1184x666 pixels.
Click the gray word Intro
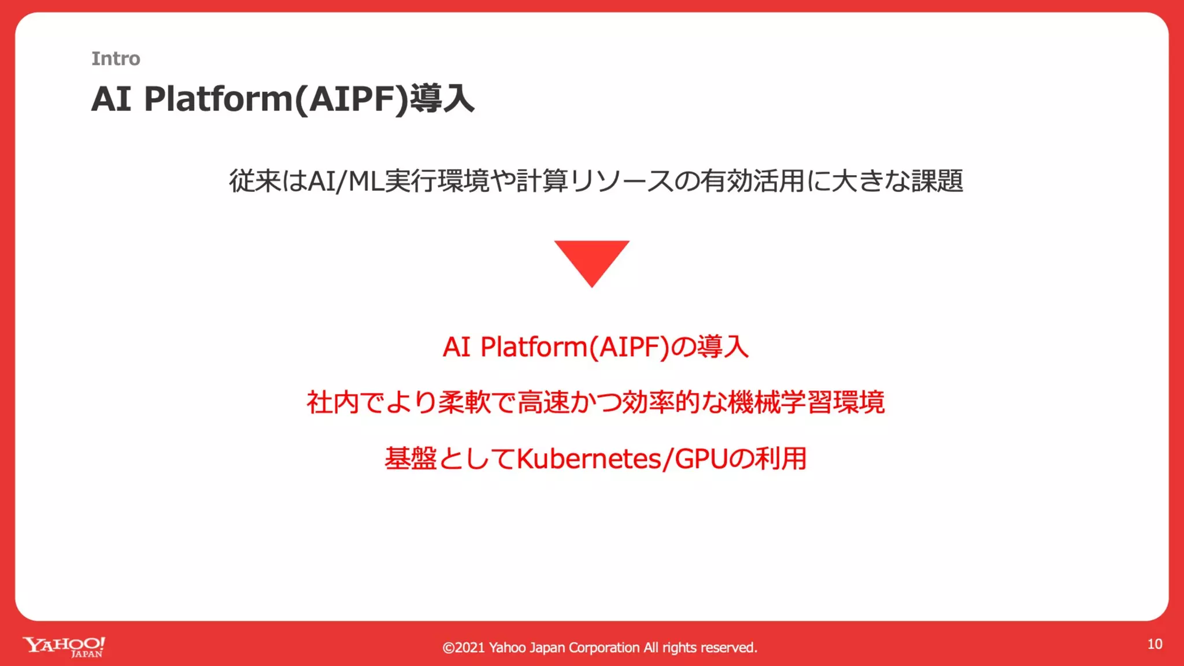tap(116, 58)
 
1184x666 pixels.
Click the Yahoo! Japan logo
tap(64, 647)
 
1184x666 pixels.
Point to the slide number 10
tap(1155, 644)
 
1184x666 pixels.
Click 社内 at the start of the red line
tap(332, 402)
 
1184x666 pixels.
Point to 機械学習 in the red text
tap(780, 402)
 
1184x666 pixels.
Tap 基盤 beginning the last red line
tap(410, 459)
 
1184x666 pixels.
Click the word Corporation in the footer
tap(604, 647)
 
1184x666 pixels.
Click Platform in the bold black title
tap(219, 99)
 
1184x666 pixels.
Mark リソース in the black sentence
tap(621, 181)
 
